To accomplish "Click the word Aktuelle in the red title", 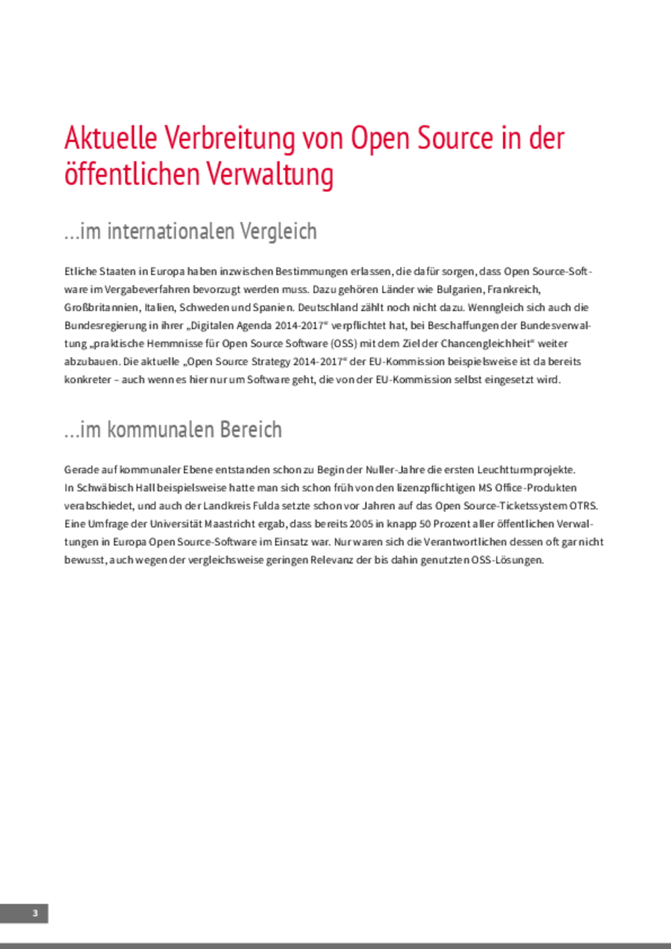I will click(x=111, y=139).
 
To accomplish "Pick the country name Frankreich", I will click(x=514, y=290).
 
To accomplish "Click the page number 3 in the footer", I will click(x=35, y=913).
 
